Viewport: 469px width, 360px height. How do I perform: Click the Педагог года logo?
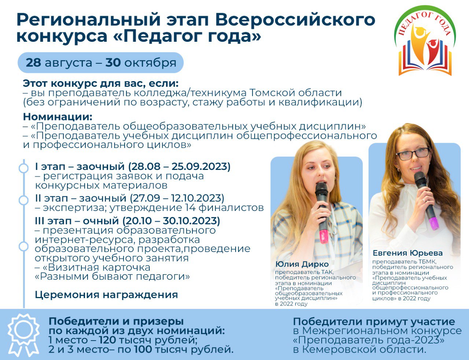point(425,41)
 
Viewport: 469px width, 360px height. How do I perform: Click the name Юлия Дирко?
point(302,264)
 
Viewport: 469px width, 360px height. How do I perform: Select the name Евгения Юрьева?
point(408,253)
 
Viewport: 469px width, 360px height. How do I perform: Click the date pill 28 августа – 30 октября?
point(100,63)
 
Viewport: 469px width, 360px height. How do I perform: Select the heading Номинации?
point(58,117)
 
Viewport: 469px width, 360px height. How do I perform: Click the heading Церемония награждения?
point(106,295)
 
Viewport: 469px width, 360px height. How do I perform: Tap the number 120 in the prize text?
point(107,340)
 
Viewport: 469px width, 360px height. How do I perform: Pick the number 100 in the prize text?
point(143,350)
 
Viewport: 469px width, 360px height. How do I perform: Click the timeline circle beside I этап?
point(23,168)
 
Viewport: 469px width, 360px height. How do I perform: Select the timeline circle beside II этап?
point(23,200)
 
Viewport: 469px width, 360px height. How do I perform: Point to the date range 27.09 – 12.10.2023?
point(177,198)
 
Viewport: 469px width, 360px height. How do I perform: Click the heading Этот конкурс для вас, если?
point(101,83)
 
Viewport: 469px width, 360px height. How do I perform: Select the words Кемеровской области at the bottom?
point(364,350)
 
